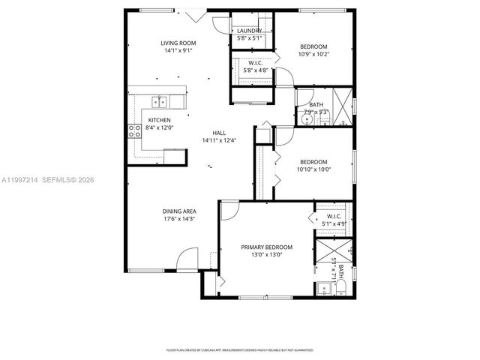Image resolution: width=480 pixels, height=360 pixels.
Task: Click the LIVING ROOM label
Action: pos(178,43)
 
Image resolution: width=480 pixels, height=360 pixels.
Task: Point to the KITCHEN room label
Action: pos(159,121)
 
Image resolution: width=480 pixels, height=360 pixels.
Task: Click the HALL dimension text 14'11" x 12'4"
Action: pos(219,140)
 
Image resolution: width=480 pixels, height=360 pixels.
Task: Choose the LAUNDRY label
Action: pos(249,31)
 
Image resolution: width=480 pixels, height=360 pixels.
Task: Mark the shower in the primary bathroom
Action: pos(331,248)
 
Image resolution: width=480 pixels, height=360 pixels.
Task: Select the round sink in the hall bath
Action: pos(307,118)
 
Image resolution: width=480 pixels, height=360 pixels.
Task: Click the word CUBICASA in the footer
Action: pos(217,349)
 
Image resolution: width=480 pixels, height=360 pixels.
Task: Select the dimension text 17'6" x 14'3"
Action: pos(179,219)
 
